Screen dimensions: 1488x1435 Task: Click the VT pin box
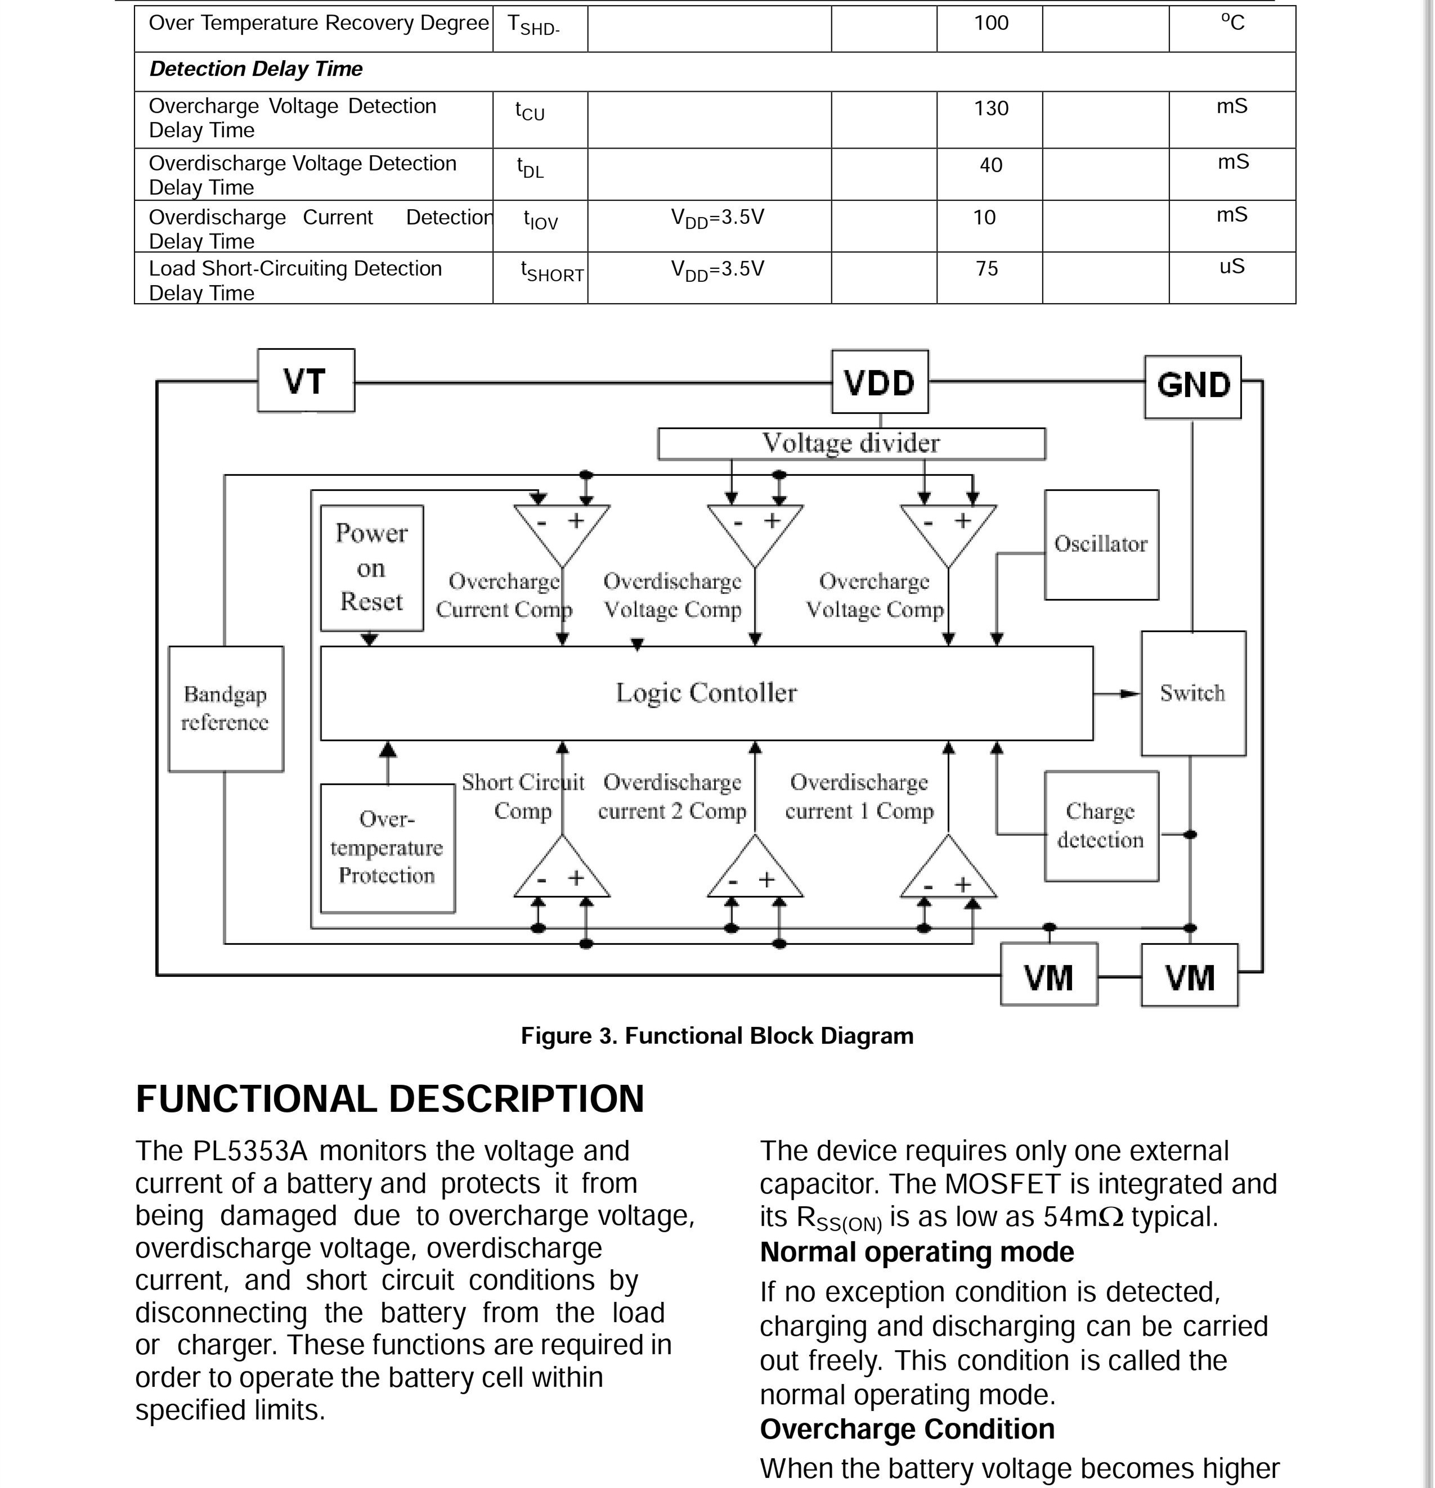click(x=306, y=380)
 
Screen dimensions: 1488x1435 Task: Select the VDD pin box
click(x=880, y=382)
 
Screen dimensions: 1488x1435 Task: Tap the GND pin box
click(x=1192, y=386)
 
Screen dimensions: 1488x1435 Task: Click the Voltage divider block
click(x=851, y=443)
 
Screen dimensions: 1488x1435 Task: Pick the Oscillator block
click(x=1101, y=544)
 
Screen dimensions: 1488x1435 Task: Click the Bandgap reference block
click(x=226, y=709)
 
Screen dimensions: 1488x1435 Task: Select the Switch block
click(x=1192, y=693)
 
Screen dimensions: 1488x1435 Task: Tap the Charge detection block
click(x=1101, y=826)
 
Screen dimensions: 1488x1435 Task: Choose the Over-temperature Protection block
click(x=387, y=847)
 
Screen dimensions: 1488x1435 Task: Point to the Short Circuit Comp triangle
click(x=562, y=872)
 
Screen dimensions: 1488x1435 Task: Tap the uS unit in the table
click(x=1231, y=267)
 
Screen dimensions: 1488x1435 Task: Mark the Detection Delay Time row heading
click(x=256, y=69)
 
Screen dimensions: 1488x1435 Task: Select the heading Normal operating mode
click(x=917, y=1252)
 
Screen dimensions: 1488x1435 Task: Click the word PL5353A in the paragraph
click(x=250, y=1151)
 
